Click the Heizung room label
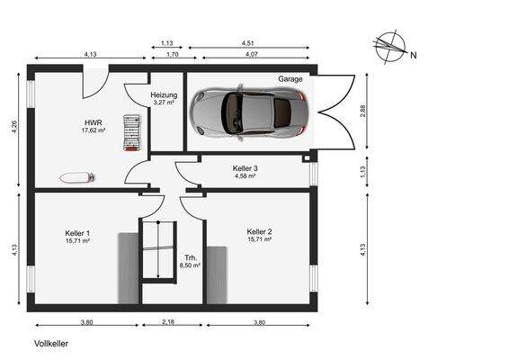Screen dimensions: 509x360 point(164,95)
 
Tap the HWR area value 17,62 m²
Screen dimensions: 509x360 point(94,130)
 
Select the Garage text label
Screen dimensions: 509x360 point(290,79)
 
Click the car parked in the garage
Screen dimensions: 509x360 point(249,112)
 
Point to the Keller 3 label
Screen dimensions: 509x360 point(246,168)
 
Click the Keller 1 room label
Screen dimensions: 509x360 point(77,233)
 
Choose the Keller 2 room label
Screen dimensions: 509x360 point(259,231)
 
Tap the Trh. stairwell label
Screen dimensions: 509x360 point(191,257)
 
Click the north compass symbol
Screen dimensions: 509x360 point(390,47)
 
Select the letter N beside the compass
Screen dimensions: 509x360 point(414,55)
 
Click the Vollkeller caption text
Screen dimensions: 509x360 point(51,344)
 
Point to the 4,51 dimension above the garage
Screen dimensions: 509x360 point(248,43)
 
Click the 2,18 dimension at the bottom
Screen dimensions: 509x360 point(168,322)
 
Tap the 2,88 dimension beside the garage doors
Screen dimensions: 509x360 point(363,111)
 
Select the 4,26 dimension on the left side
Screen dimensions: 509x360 point(14,127)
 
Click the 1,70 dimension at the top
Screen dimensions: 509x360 point(173,54)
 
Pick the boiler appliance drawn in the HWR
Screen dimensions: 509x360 point(132,133)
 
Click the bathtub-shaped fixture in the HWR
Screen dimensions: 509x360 point(77,177)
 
